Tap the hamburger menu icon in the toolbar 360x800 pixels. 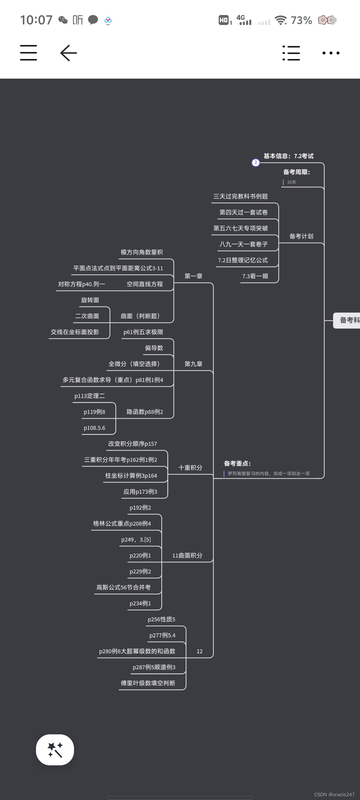(28, 53)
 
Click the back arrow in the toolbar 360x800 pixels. (69, 53)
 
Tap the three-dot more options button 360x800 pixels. (331, 53)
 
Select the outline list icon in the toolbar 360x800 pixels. (291, 53)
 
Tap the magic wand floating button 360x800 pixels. (55, 750)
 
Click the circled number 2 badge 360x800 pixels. (256, 163)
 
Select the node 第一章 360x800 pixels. (193, 276)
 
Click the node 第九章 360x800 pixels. (193, 364)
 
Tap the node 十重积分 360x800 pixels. (190, 468)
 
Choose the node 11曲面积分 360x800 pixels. (187, 555)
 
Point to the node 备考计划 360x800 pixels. (301, 236)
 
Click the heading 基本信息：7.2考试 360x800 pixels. (288, 156)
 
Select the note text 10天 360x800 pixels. (291, 182)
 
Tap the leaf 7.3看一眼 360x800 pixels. (255, 276)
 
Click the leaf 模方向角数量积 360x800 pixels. (142, 252)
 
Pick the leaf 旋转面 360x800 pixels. (90, 300)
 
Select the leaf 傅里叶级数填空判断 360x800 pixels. (148, 683)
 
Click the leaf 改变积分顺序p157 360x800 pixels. (132, 444)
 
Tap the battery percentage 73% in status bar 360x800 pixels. (301, 20)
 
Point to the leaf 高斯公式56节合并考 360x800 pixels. (123, 587)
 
